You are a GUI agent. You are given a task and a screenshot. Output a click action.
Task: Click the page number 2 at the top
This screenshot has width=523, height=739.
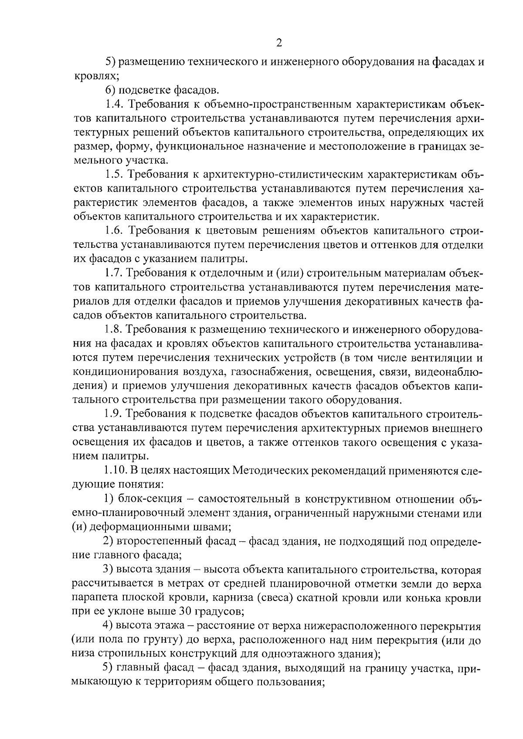pyautogui.click(x=279, y=43)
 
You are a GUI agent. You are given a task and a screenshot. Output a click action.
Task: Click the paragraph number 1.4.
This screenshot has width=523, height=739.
pyautogui.click(x=114, y=104)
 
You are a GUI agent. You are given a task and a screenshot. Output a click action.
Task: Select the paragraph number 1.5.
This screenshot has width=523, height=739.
pyautogui.click(x=114, y=175)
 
